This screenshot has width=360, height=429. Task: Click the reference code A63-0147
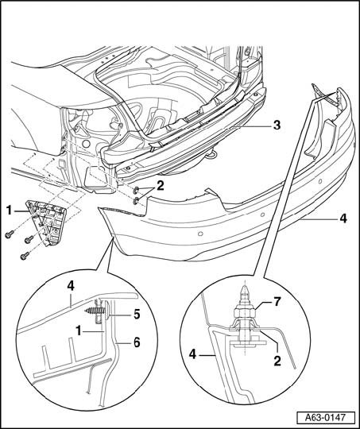click(326, 418)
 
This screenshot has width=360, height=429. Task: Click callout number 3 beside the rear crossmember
click(277, 126)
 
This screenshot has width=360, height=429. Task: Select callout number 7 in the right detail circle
click(277, 302)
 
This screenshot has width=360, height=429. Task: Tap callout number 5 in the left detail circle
click(137, 315)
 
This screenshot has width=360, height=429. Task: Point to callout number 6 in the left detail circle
click(137, 342)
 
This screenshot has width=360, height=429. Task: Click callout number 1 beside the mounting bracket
click(10, 211)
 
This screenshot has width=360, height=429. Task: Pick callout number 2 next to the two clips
click(160, 186)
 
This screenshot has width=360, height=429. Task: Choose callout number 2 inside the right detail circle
click(277, 361)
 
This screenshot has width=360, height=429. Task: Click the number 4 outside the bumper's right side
click(343, 218)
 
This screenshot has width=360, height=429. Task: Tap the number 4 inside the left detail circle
click(71, 286)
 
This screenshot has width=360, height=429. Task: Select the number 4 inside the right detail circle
click(193, 354)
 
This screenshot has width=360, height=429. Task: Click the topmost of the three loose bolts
click(10, 234)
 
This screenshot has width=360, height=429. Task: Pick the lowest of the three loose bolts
click(25, 256)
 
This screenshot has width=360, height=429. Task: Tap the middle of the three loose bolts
click(29, 239)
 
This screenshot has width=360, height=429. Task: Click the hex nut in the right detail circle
click(245, 312)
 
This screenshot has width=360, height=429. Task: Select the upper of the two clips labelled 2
click(136, 190)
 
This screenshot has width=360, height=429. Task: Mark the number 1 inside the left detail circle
click(79, 331)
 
